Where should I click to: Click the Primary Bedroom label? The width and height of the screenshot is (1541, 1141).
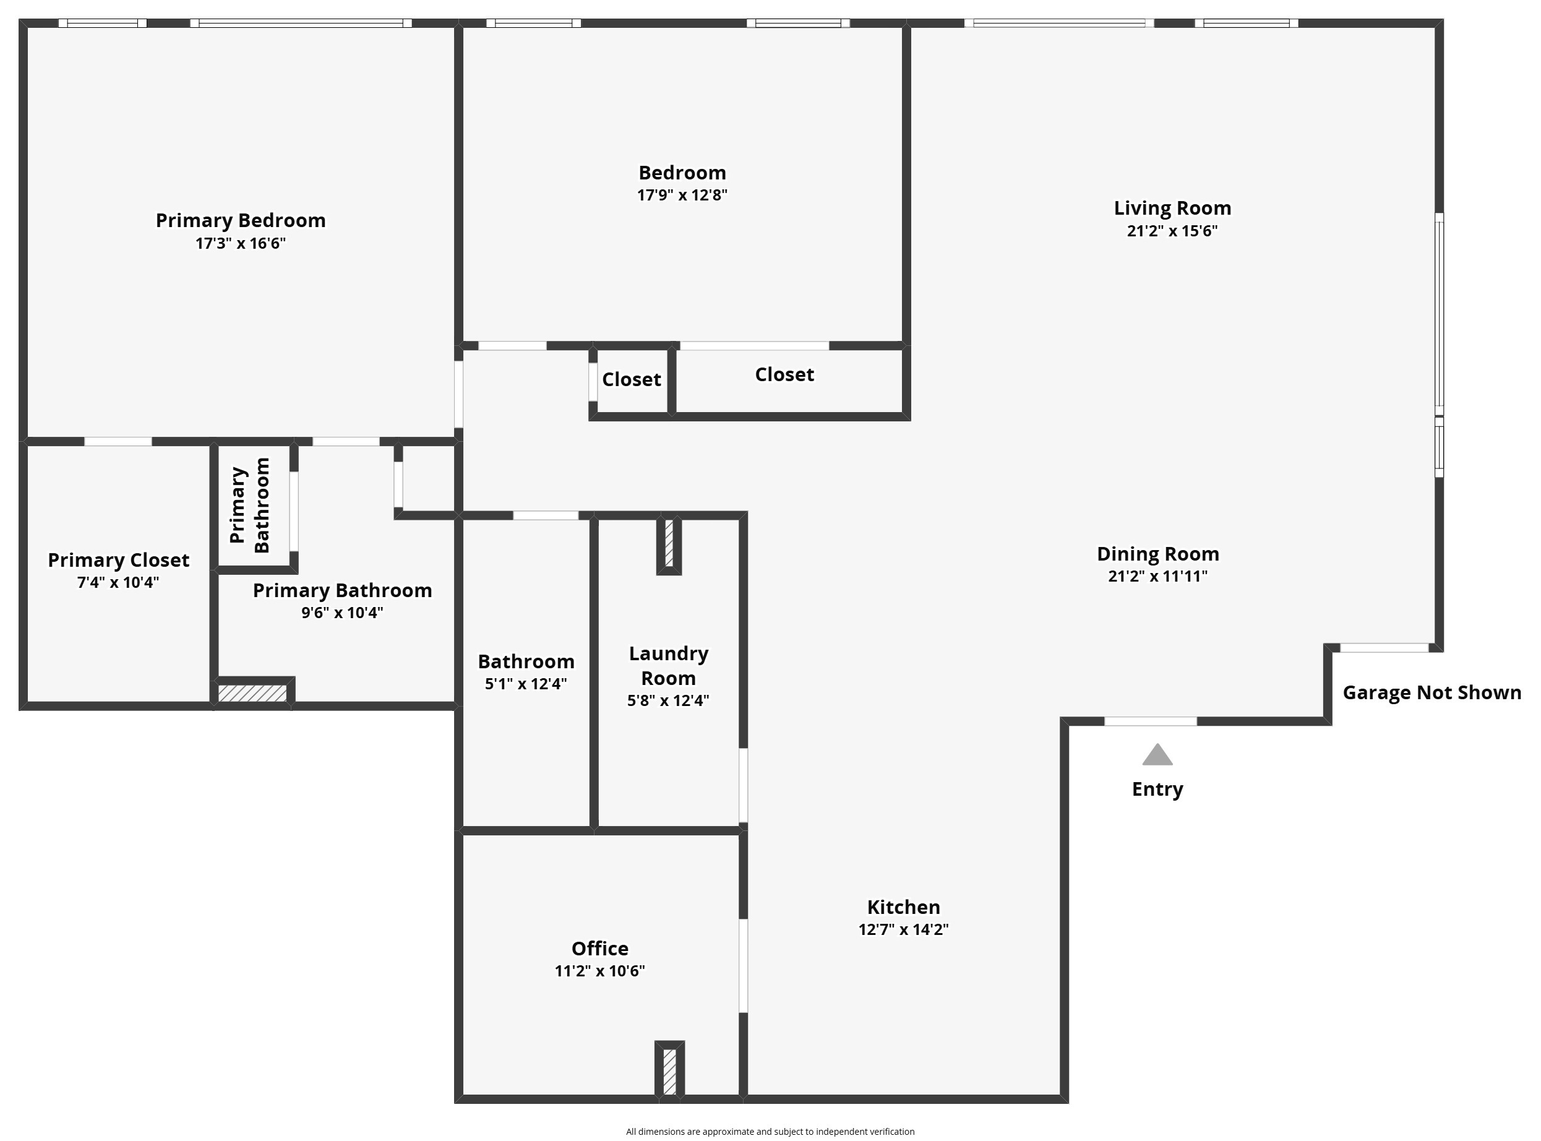point(240,220)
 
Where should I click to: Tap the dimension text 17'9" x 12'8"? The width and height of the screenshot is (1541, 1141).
point(682,195)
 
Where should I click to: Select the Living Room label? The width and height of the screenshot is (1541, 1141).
point(1172,208)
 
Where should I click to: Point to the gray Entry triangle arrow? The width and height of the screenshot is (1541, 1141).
point(1157,756)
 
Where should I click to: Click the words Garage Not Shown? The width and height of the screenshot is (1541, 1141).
point(1432,693)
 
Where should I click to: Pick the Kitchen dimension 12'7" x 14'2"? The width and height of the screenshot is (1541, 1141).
point(903,929)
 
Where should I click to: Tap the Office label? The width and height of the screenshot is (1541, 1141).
point(599,949)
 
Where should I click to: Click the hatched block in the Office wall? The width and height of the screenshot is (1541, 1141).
point(669,1071)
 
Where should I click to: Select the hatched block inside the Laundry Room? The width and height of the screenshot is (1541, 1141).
point(668,543)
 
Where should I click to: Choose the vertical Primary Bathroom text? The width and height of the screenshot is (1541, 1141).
point(249,506)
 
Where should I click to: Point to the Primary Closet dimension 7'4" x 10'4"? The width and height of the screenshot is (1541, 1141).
point(118,582)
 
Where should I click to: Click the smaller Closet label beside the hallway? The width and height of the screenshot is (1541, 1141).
point(631,379)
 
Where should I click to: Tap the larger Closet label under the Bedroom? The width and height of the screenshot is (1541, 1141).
point(784,374)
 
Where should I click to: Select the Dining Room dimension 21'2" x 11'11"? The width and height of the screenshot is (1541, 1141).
point(1157,576)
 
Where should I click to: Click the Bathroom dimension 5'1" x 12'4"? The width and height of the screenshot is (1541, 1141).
point(525,684)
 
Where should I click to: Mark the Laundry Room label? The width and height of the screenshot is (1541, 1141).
point(667,665)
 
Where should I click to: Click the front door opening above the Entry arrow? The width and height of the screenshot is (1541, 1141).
point(1150,721)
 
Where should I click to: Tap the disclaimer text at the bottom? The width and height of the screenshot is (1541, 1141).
point(770,1131)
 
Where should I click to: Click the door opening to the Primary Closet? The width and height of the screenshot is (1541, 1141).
point(118,441)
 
